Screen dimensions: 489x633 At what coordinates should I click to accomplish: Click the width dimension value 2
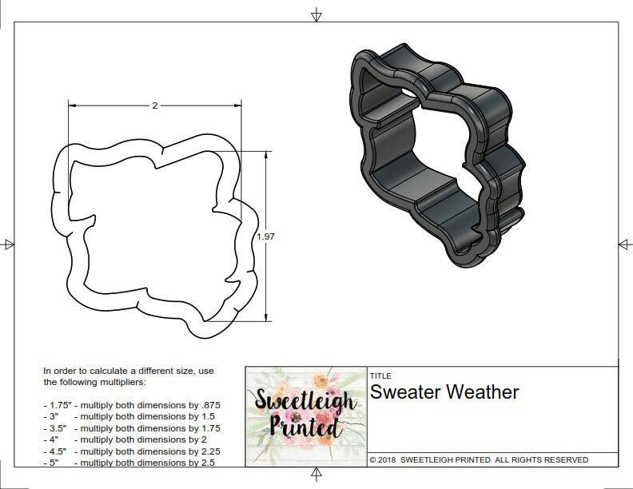[154, 105]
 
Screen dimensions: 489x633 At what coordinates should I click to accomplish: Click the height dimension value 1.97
[265, 237]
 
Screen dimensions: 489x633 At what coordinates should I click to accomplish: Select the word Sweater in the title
[404, 392]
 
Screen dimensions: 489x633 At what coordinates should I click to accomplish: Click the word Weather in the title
[482, 392]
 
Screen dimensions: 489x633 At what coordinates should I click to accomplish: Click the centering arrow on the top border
[316, 14]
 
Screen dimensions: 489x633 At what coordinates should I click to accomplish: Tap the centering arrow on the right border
[624, 244]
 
